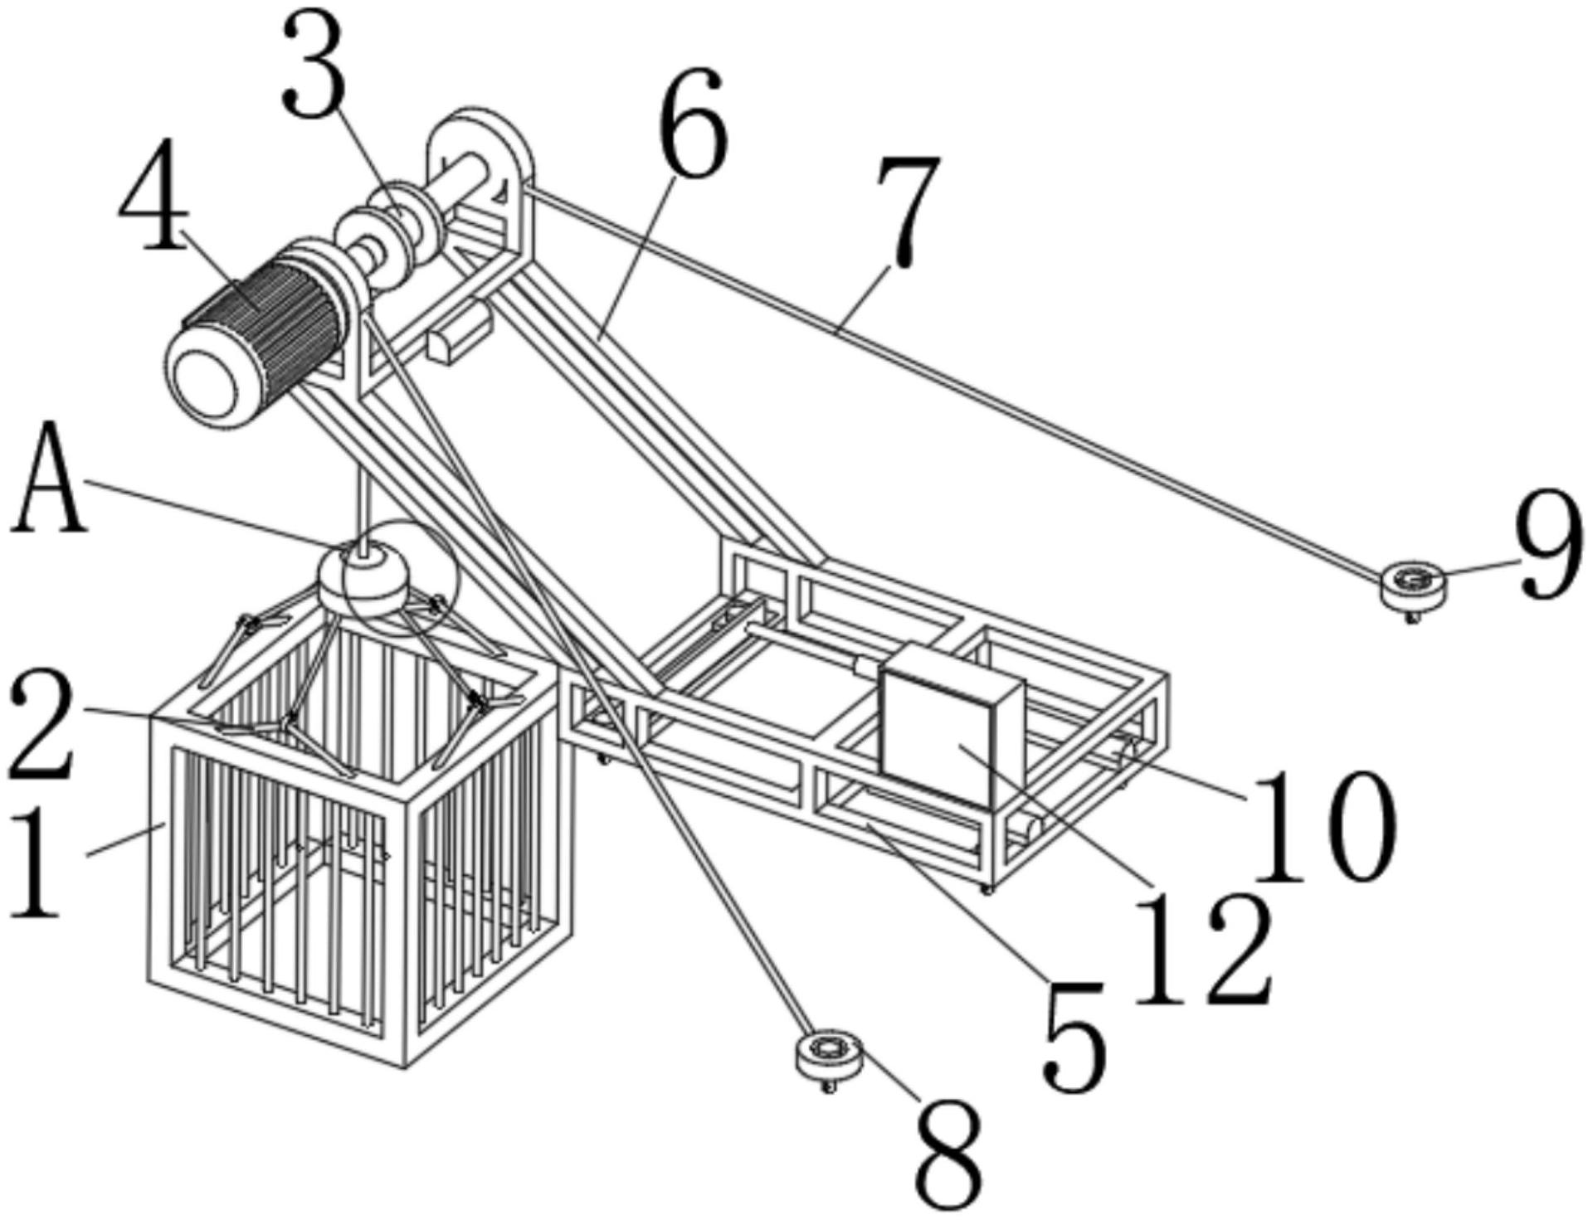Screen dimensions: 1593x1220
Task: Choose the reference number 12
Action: [1203, 948]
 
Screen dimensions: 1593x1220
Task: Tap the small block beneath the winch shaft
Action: [459, 332]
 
